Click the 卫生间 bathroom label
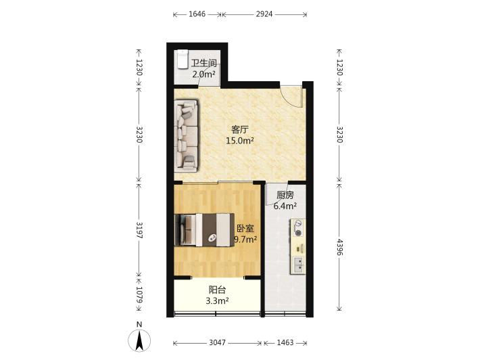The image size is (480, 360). (204, 64)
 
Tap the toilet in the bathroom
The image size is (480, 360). (182, 59)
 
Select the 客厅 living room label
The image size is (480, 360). (239, 130)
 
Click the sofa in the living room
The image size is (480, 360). (187, 135)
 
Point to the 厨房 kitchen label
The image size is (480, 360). (285, 195)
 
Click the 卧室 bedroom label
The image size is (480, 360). (245, 229)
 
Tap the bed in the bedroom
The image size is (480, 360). (204, 230)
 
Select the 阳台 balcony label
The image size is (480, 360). (217, 290)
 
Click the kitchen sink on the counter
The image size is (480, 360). (298, 265)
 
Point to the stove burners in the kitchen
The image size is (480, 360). (297, 229)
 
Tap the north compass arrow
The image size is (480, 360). (139, 340)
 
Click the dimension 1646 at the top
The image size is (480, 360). (197, 14)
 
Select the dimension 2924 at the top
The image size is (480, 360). (264, 14)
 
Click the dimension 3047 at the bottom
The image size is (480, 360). (217, 342)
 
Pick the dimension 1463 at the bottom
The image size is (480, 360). (285, 342)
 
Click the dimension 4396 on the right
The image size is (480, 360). (339, 247)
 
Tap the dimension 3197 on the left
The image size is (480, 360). (139, 230)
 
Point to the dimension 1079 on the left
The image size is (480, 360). (139, 295)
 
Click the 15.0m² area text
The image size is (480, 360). (240, 141)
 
